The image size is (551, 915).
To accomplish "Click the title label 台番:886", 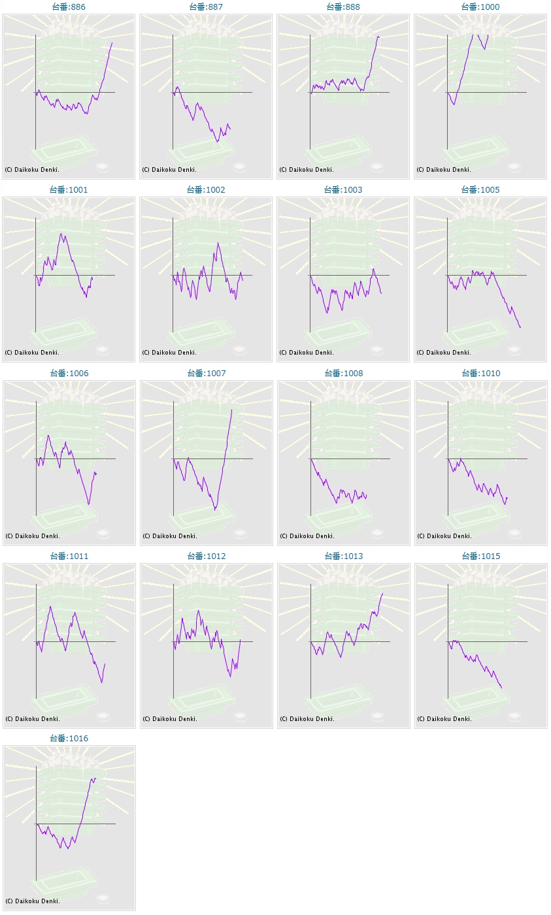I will pyautogui.click(x=69, y=7).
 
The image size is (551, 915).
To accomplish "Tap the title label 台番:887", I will pyautogui.click(x=206, y=7).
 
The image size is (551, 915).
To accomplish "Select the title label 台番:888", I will pyautogui.click(x=343, y=7).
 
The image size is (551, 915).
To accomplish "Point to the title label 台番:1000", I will pyautogui.click(x=480, y=7).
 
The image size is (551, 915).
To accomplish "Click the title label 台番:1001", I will pyautogui.click(x=69, y=190).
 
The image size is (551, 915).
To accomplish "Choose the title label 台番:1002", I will pyautogui.click(x=206, y=190).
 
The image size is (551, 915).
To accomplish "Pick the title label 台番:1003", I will pyautogui.click(x=343, y=190).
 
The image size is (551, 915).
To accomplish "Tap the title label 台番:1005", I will pyautogui.click(x=480, y=190).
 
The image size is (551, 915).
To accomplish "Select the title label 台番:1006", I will pyautogui.click(x=69, y=374).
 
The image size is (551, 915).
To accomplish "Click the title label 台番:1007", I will pyautogui.click(x=207, y=374).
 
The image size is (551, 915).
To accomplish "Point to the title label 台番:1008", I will pyautogui.click(x=344, y=374).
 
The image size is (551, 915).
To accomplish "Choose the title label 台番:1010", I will pyautogui.click(x=481, y=374).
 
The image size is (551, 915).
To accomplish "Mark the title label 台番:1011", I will pyautogui.click(x=69, y=556).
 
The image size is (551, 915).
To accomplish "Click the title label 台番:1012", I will pyautogui.click(x=207, y=556).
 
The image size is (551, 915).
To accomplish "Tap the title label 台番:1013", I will pyautogui.click(x=344, y=556).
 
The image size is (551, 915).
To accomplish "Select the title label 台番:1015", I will pyautogui.click(x=481, y=556).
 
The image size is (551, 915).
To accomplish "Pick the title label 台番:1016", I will pyautogui.click(x=69, y=739).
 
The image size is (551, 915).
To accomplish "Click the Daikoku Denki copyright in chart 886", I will pyautogui.click(x=32, y=170).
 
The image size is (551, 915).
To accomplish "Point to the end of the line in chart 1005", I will pyautogui.click(x=520, y=327).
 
